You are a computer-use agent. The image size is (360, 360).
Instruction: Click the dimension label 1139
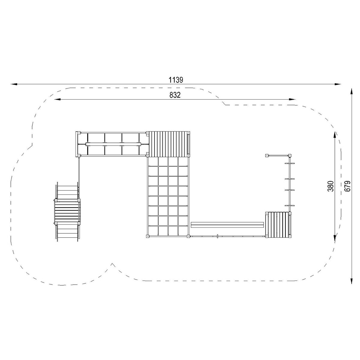click(176, 80)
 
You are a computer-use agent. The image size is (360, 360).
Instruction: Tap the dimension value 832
click(175, 95)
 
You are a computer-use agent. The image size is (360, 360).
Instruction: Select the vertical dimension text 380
click(331, 186)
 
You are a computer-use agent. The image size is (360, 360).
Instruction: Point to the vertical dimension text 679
click(347, 186)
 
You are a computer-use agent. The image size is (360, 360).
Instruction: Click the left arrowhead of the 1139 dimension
click(14, 84)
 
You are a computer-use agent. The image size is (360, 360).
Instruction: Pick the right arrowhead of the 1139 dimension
click(338, 84)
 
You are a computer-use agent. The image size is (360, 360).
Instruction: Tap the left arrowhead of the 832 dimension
click(58, 99)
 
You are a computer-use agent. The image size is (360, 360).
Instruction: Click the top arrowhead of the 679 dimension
click(352, 92)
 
